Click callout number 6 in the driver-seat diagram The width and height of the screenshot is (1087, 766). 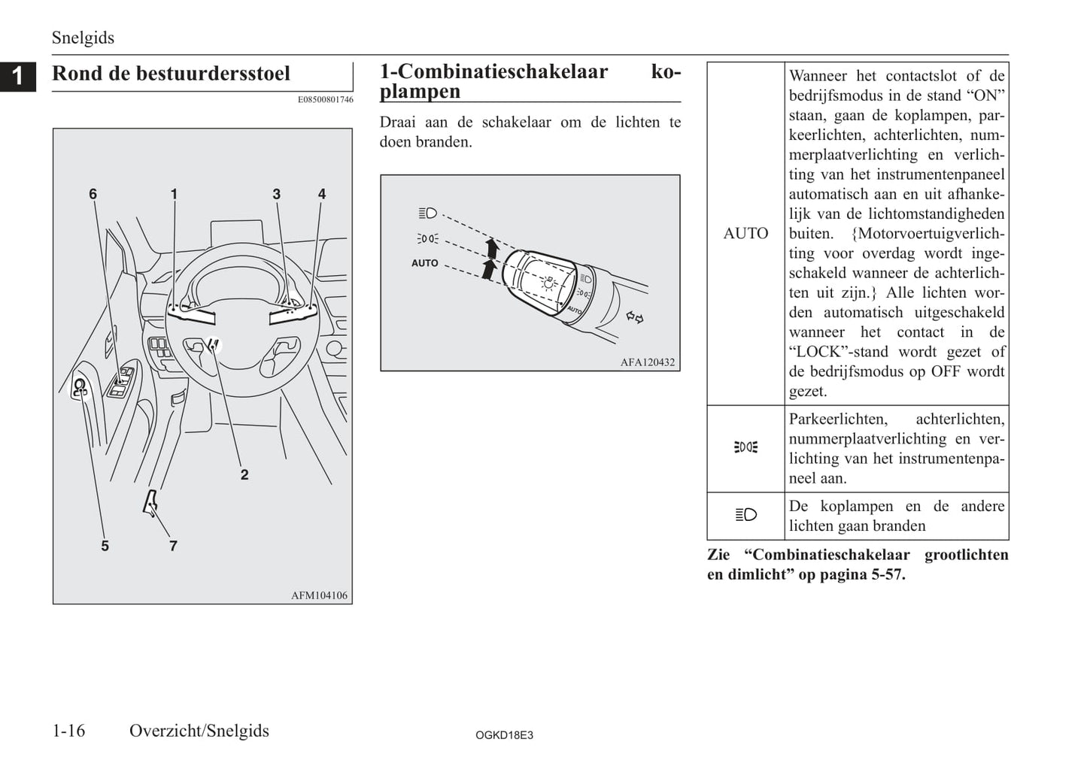93,194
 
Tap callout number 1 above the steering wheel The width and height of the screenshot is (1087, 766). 174,194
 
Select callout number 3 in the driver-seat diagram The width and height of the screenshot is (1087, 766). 276,194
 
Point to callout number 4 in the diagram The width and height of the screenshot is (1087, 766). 322,194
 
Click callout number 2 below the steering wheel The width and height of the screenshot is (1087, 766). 244,474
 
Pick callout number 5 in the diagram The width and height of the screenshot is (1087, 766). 105,546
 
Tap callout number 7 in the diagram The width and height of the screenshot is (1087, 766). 173,546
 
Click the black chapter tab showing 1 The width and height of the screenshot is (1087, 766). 17,75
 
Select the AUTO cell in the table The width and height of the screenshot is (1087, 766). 745,234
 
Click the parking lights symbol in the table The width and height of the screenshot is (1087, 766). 745,447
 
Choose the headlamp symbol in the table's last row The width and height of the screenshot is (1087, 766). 745,515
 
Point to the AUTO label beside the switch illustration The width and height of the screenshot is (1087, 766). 424,263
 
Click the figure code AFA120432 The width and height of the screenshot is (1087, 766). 647,362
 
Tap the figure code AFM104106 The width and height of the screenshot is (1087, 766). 319,595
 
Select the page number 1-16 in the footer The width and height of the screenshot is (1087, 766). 68,731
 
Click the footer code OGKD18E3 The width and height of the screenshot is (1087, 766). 504,735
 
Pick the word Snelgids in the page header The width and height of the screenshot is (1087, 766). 83,38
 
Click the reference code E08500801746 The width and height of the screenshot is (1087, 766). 325,99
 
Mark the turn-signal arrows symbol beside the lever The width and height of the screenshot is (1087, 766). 635,318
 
